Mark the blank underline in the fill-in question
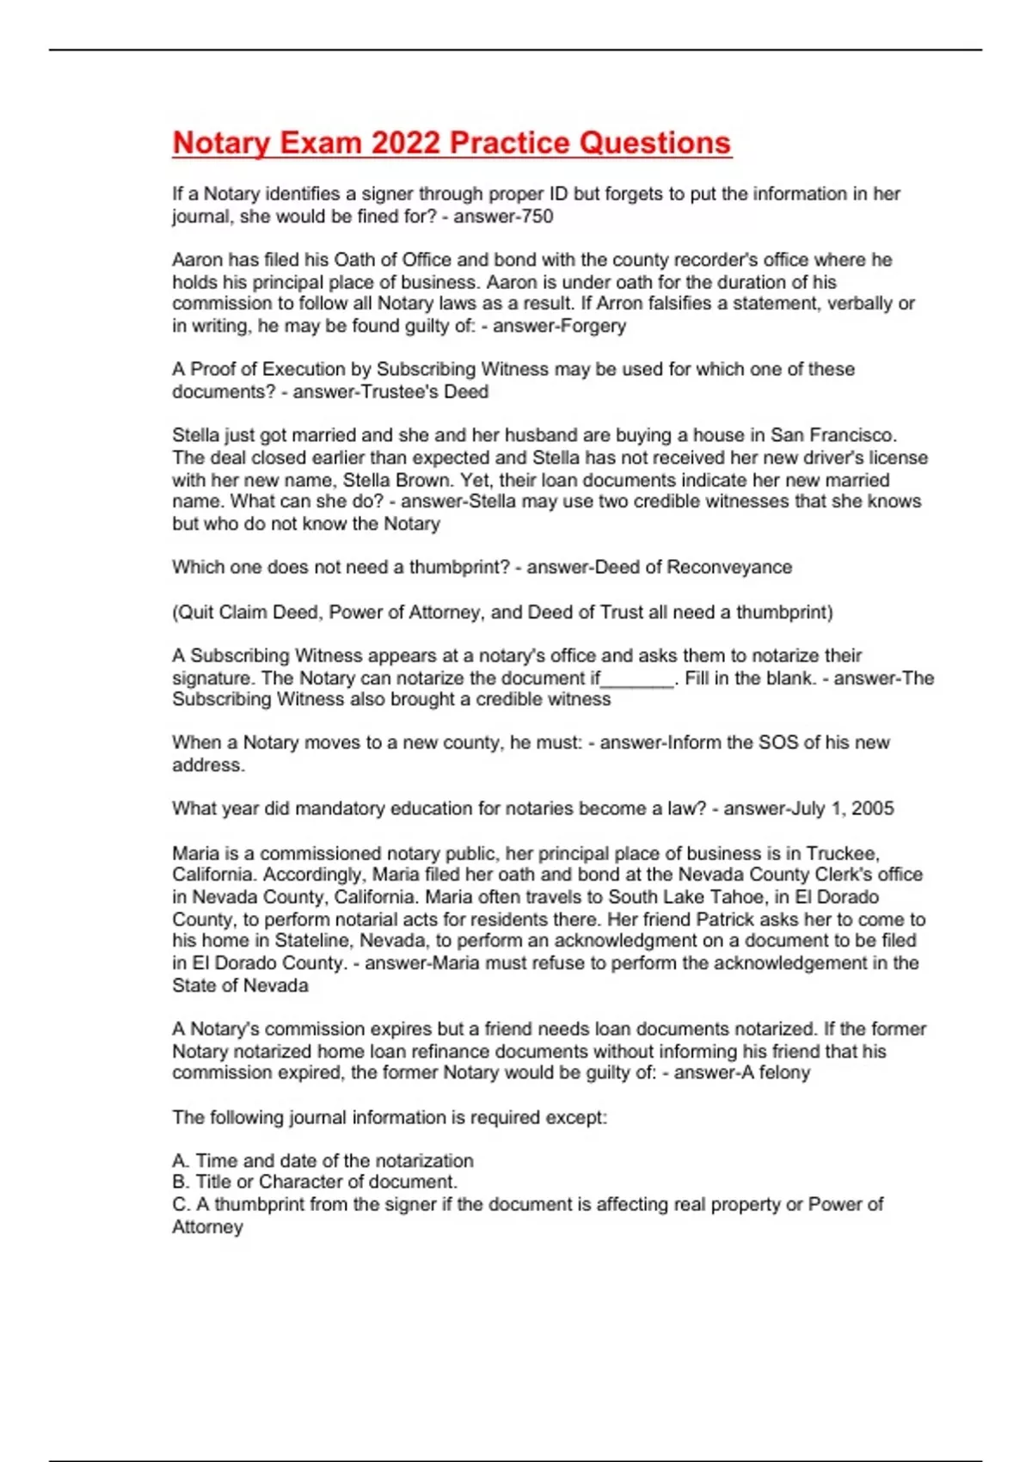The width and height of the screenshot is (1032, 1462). point(637,679)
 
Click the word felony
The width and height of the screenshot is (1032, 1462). point(784,1072)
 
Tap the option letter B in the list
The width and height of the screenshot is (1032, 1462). point(179,1182)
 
